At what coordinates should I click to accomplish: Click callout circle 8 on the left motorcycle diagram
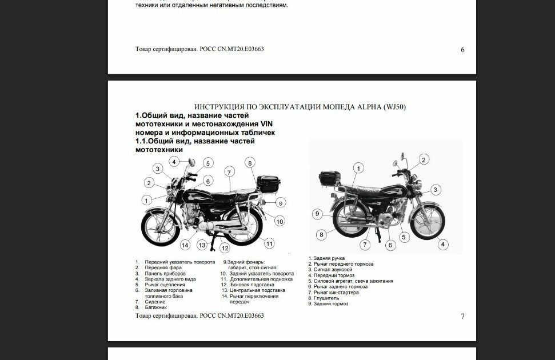250,163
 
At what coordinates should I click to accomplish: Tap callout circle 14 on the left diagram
185,245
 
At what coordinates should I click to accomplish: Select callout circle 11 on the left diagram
269,243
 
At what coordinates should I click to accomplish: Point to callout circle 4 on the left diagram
174,162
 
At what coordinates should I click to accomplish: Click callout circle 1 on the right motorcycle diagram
358,168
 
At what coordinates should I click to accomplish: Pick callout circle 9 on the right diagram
317,214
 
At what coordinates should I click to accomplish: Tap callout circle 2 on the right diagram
424,159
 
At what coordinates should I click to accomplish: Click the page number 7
462,316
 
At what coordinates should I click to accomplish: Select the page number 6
462,50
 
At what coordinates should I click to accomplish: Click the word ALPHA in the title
369,107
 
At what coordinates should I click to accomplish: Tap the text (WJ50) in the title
394,107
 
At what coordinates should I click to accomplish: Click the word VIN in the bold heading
266,124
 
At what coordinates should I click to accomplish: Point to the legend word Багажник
155,307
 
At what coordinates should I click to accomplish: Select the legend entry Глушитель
326,298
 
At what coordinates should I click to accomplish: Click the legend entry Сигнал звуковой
333,270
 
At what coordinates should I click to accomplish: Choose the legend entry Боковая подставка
253,285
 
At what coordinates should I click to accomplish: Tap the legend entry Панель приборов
165,274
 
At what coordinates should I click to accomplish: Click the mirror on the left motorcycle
191,162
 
